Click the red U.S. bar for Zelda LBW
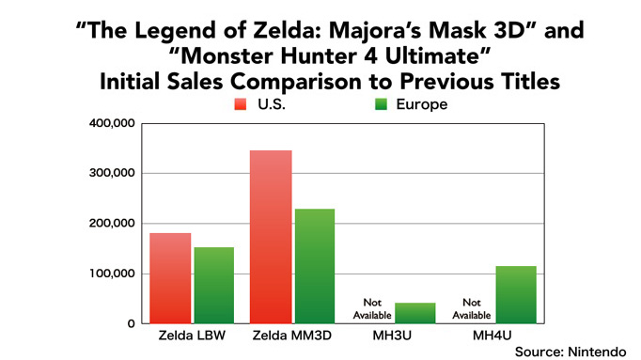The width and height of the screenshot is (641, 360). point(170,278)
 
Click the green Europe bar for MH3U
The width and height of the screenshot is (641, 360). point(415,313)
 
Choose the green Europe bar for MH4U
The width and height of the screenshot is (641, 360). point(516,295)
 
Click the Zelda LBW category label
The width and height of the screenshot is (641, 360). point(192,336)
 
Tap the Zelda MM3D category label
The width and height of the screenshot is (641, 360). point(292,336)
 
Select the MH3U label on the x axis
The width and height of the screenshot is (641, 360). point(394,336)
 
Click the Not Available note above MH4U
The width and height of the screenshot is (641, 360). point(473,308)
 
